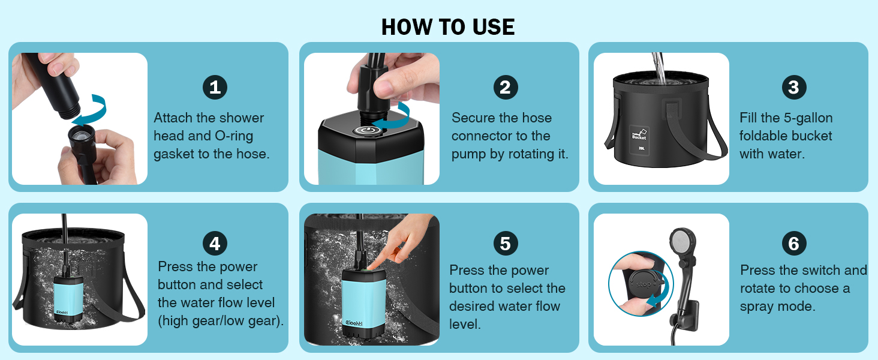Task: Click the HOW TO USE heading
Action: point(447,27)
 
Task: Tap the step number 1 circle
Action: point(215,87)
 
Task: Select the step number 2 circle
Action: point(506,87)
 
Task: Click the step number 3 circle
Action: point(794,87)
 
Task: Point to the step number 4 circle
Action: point(215,244)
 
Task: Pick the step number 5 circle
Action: point(506,244)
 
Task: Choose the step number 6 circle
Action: point(794,244)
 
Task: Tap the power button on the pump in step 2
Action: point(365,131)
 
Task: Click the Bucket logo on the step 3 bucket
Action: point(639,135)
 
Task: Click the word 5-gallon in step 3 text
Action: point(808,118)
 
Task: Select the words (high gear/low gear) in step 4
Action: point(221,321)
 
